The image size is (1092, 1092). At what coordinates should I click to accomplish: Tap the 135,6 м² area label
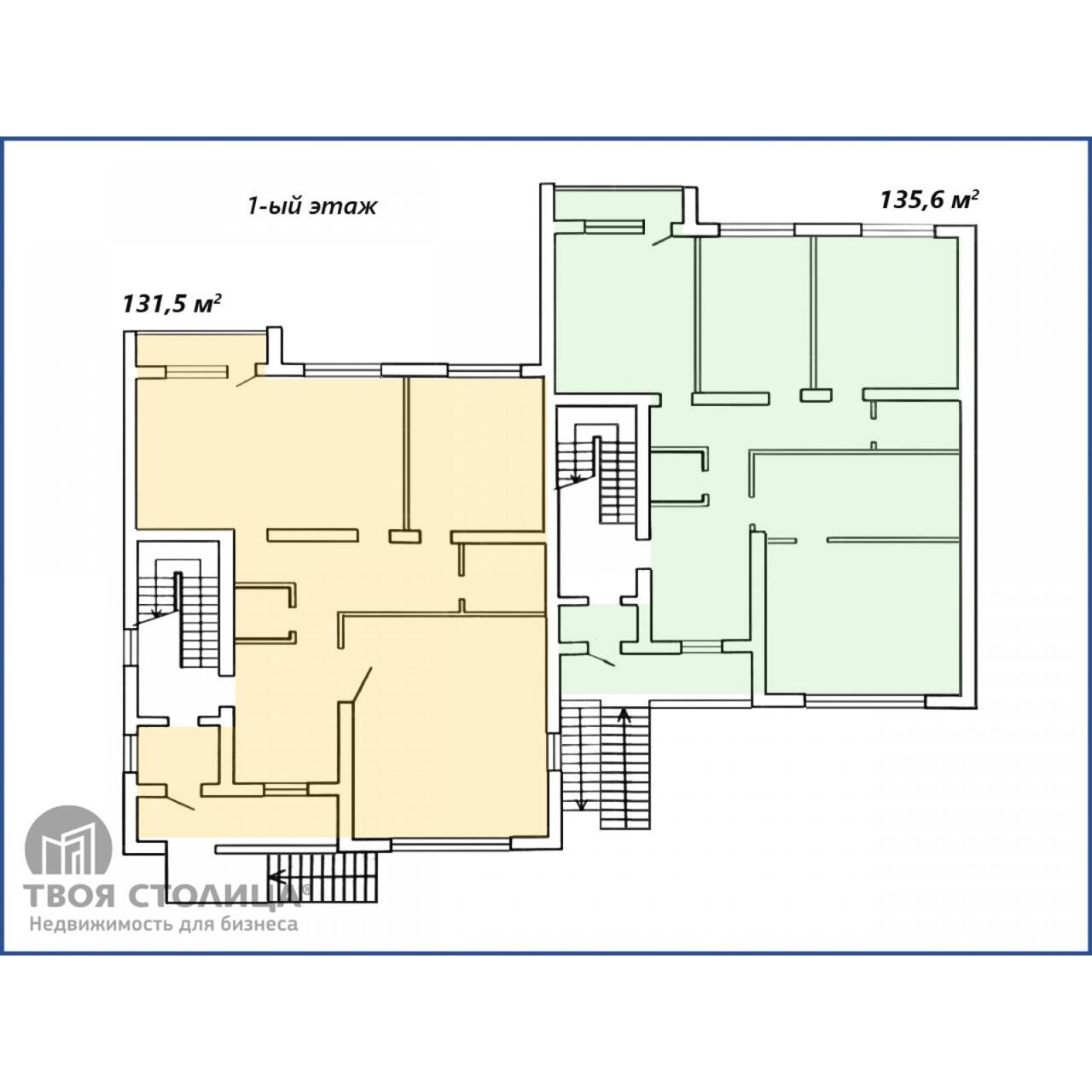tap(929, 200)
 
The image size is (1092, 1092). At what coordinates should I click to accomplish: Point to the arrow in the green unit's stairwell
tap(577, 479)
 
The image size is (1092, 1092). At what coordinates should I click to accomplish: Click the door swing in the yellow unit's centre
tap(361, 684)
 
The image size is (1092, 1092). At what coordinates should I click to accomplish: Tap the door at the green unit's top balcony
tap(663, 238)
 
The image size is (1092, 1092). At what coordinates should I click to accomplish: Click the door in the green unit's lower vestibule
tap(601, 659)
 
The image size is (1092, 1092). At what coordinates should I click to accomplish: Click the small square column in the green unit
tap(816, 395)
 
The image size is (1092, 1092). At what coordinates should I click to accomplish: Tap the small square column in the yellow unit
tap(404, 537)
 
